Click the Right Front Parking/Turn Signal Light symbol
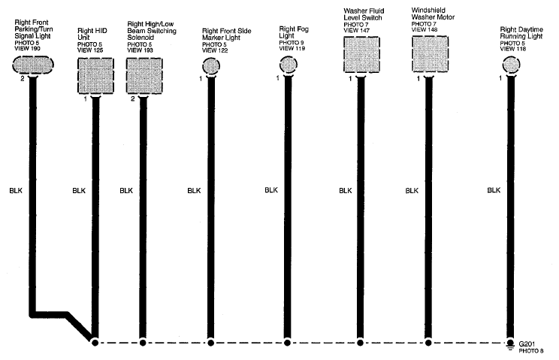tap(33, 65)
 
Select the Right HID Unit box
tap(95, 76)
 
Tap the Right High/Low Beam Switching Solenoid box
tap(144, 76)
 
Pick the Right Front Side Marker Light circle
tap(211, 65)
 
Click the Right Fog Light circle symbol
tap(288, 65)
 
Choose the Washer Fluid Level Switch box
tap(361, 54)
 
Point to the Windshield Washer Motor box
tap(430, 54)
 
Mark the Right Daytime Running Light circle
tap(511, 65)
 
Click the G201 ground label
tap(527, 344)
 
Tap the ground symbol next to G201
tap(510, 344)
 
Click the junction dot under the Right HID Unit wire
tap(95, 343)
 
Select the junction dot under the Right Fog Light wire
tap(287, 343)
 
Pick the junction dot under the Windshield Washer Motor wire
tap(428, 343)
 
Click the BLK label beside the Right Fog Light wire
tap(271, 190)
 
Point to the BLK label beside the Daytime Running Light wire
tap(494, 190)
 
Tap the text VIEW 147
tap(356, 31)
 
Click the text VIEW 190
tap(28, 48)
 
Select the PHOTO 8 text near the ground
tap(531, 351)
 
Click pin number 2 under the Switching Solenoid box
tap(133, 98)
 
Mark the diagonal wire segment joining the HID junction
tap(80, 327)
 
